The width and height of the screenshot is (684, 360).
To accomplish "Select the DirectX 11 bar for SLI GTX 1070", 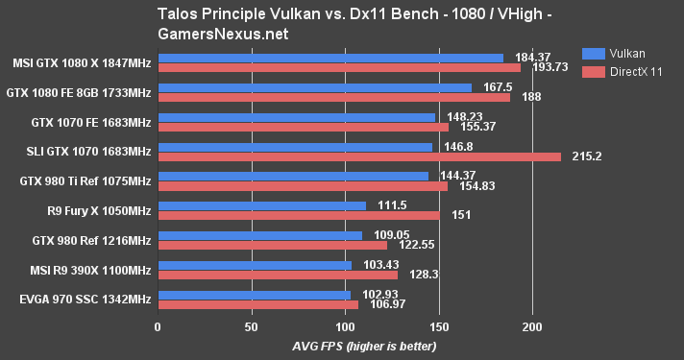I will point(359,156).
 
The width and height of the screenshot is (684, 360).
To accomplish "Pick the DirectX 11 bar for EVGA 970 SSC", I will point(257,304).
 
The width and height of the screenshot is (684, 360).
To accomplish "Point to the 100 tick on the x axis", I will point(345,325).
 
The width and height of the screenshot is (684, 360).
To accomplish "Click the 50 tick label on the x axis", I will point(251,325).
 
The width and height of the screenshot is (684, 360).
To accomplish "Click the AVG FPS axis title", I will point(341,345).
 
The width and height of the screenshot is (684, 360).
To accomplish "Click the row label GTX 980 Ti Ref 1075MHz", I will point(85,180).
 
